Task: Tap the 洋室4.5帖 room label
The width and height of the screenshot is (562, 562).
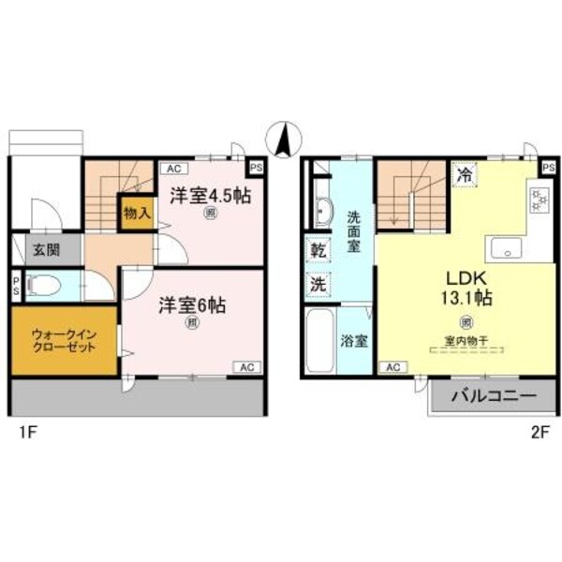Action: tap(211, 198)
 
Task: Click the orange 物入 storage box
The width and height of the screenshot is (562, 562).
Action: tap(137, 214)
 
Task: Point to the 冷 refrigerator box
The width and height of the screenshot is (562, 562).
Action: tap(463, 173)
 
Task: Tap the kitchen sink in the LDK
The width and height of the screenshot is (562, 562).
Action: tap(507, 248)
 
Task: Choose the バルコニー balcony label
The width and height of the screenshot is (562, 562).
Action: tap(493, 396)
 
